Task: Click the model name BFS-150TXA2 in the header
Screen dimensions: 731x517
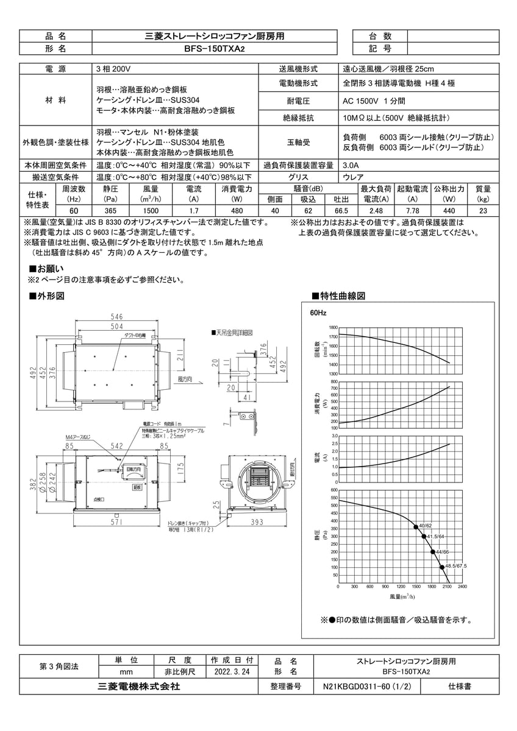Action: click(x=214, y=49)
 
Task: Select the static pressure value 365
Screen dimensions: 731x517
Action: click(x=110, y=211)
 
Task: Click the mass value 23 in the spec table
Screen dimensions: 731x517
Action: click(x=483, y=211)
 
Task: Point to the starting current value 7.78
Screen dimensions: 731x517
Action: click(x=413, y=211)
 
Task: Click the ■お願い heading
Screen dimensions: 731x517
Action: click(x=47, y=269)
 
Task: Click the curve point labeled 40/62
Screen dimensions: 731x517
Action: click(x=416, y=526)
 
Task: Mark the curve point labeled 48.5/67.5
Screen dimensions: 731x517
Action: click(x=441, y=567)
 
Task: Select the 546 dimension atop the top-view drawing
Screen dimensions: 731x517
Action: click(x=117, y=317)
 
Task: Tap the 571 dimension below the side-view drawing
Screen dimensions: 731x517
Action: click(x=116, y=523)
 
